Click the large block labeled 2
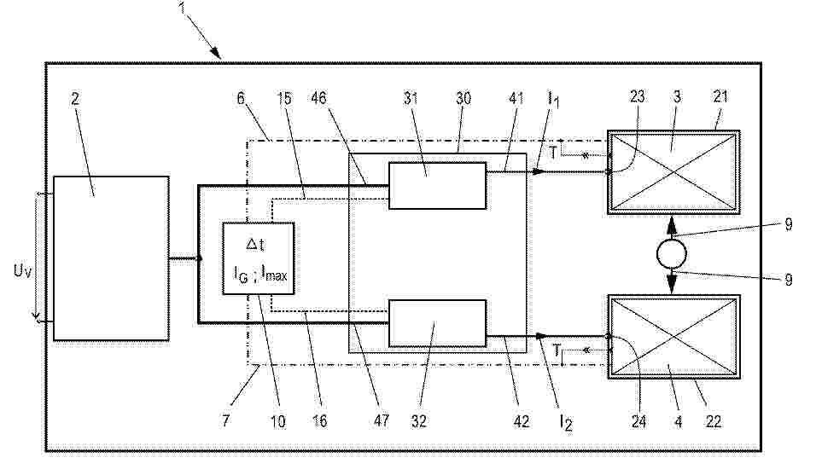pos(111,258)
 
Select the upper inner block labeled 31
pos(437,186)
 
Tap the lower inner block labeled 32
pos(437,323)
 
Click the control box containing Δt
pos(258,258)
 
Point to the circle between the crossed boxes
pos(672,254)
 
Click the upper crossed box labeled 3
pos(673,172)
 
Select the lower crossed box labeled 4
pos(673,337)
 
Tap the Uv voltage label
pos(22,271)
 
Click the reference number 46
pos(318,98)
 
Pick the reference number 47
pos(382,420)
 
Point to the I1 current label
pos(554,99)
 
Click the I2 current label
pos(566,422)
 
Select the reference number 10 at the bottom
pos(278,421)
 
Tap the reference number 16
pos(319,421)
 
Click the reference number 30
pos(463,98)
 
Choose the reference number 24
pos(638,421)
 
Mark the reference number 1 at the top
pos(183,8)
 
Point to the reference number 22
pos(714,421)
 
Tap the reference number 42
pos(521,421)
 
